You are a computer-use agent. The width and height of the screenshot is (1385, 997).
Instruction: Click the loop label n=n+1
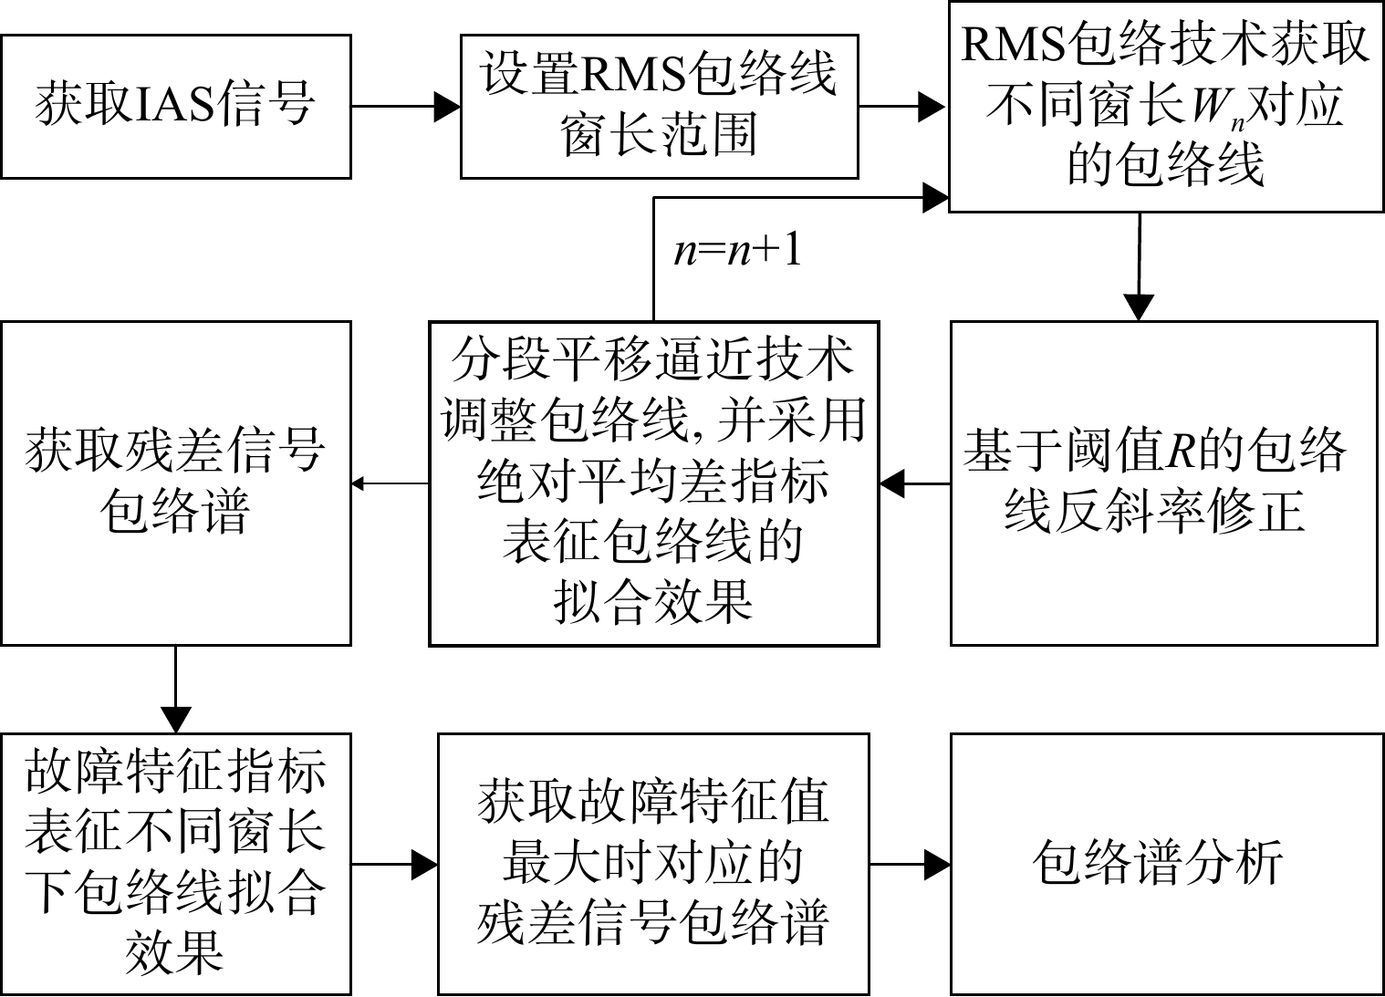(x=737, y=252)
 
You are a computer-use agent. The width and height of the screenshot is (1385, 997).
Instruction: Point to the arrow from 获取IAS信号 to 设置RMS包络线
(x=406, y=107)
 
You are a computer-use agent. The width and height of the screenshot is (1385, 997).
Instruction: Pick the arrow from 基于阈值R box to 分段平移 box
(x=915, y=483)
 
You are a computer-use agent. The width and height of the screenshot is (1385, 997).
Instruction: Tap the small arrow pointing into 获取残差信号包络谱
(x=391, y=483)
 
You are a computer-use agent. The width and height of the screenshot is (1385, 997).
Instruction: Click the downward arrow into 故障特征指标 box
(x=175, y=690)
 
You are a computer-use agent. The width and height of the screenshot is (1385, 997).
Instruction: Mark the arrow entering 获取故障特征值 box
(x=394, y=864)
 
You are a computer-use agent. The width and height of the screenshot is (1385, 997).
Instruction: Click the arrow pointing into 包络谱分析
(x=911, y=864)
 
